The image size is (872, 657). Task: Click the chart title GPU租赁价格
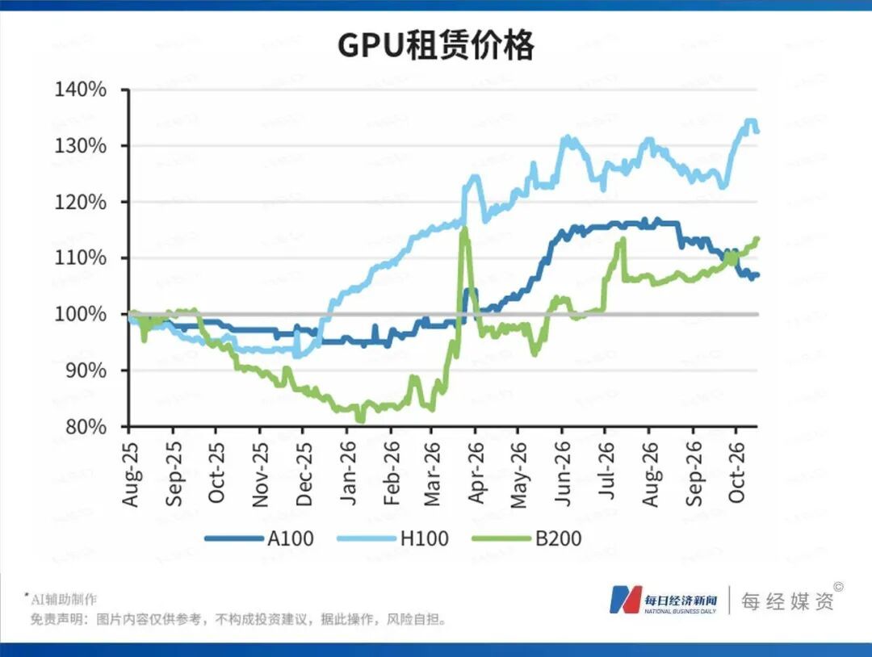436,45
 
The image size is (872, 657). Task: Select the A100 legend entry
259,538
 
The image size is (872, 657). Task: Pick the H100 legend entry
392,538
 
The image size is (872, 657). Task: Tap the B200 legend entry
526,538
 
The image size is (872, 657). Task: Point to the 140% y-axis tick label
80,89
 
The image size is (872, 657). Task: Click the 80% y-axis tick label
86,426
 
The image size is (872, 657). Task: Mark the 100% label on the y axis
80,314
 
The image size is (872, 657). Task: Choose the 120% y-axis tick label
80,202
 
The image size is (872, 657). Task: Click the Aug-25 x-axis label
130,474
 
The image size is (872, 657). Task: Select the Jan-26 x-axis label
348,474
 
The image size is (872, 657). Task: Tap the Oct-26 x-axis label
736,473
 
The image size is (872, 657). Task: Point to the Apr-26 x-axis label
476,473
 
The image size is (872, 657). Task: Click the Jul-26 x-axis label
606,471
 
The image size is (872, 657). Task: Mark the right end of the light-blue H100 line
757,132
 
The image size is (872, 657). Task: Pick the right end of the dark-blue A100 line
757,274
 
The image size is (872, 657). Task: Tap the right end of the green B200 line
757,239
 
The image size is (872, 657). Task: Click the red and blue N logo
626,600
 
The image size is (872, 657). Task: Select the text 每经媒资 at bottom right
787,601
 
